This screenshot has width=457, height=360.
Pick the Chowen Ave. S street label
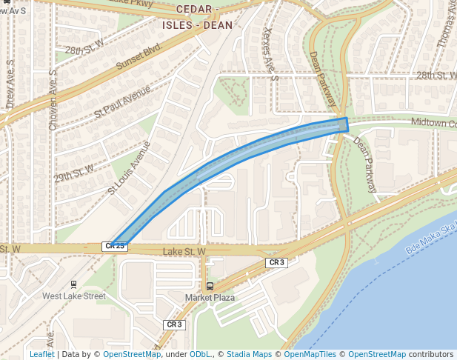point(53,101)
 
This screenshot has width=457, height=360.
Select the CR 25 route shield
point(115,246)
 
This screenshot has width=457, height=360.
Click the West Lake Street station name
point(73,296)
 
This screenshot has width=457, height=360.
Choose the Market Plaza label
point(210,298)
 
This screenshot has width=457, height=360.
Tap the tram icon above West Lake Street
point(73,284)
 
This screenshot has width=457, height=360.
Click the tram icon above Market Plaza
point(210,286)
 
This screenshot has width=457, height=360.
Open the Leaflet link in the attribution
point(41,355)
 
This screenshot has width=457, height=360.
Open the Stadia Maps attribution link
point(249,355)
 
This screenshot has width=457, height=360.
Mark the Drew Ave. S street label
point(10,90)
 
